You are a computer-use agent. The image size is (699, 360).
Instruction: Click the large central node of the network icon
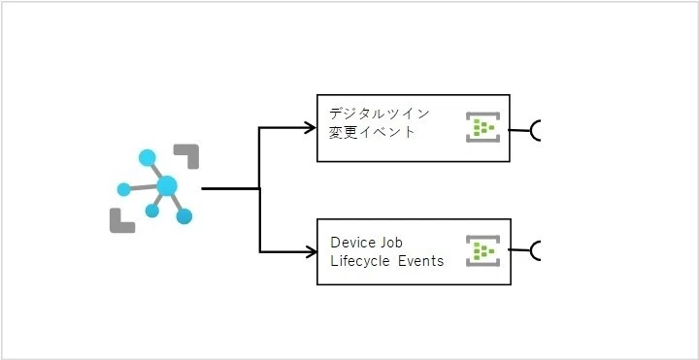pyautogui.click(x=167, y=185)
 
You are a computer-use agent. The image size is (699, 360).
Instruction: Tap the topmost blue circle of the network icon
pyautogui.click(x=148, y=158)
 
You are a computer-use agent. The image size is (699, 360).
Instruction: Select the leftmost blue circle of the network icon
pyautogui.click(x=123, y=189)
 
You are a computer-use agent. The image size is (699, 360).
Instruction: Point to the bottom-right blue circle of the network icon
pyautogui.click(x=183, y=216)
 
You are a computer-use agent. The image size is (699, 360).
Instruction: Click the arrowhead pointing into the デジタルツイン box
pyautogui.click(x=311, y=128)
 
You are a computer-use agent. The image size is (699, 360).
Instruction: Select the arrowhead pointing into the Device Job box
pyautogui.click(x=311, y=252)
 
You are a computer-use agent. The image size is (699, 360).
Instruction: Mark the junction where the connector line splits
pyautogui.click(x=259, y=189)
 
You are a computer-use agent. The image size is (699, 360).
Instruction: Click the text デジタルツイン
pyautogui.click(x=379, y=114)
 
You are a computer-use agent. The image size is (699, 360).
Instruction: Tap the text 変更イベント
pyautogui.click(x=372, y=132)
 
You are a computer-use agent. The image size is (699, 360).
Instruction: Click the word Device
pyautogui.click(x=353, y=243)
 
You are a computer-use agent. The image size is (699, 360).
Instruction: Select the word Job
pyautogui.click(x=391, y=243)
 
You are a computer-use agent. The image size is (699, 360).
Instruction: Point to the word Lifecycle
pyautogui.click(x=360, y=261)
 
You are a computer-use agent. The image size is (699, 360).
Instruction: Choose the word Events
pyautogui.click(x=420, y=261)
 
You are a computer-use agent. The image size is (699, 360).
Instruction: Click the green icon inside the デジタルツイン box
pyautogui.click(x=483, y=127)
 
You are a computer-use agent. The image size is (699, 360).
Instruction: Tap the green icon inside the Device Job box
pyautogui.click(x=483, y=251)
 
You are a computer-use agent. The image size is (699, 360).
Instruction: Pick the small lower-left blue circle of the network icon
pyautogui.click(x=152, y=211)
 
